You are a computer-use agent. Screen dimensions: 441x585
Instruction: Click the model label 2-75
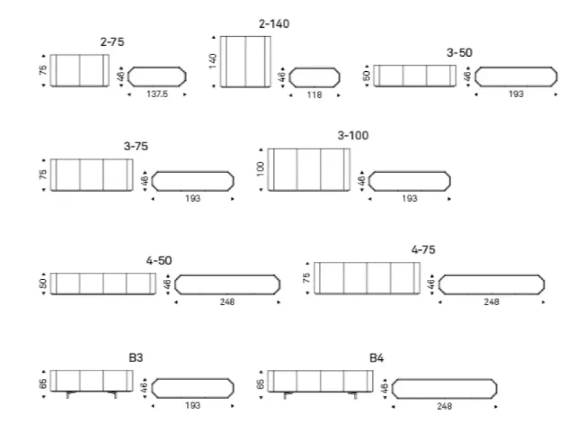[x=113, y=42]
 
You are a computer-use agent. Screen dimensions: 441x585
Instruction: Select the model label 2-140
[x=274, y=24]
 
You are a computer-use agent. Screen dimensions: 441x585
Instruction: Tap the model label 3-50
[x=459, y=52]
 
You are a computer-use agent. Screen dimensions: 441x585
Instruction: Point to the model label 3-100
[x=353, y=136]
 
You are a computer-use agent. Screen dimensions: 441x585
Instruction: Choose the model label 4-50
[x=159, y=261]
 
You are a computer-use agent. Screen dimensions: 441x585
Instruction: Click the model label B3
[x=136, y=358]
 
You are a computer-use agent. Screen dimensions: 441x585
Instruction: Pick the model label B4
[x=376, y=358]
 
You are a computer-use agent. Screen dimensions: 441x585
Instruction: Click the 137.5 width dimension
[x=157, y=94]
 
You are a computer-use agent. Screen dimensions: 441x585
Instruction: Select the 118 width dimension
[x=314, y=95]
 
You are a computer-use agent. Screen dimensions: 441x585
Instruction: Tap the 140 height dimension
[x=213, y=61]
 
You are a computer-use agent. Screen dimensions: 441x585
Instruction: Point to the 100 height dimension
[x=261, y=169]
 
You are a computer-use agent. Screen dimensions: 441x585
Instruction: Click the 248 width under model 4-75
[x=492, y=302]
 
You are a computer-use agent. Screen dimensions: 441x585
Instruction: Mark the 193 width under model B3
[x=192, y=405]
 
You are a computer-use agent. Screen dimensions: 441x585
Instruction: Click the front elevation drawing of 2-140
[x=245, y=62]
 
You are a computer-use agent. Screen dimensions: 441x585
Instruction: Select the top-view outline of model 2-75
[x=157, y=77]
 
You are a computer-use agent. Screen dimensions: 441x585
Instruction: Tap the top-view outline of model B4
[x=444, y=389]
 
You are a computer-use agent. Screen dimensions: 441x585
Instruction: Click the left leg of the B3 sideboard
[x=69, y=395]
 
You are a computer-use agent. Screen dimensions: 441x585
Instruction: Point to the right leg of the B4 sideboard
[x=354, y=395]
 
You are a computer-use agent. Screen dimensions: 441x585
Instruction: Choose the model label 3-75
[x=136, y=146]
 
